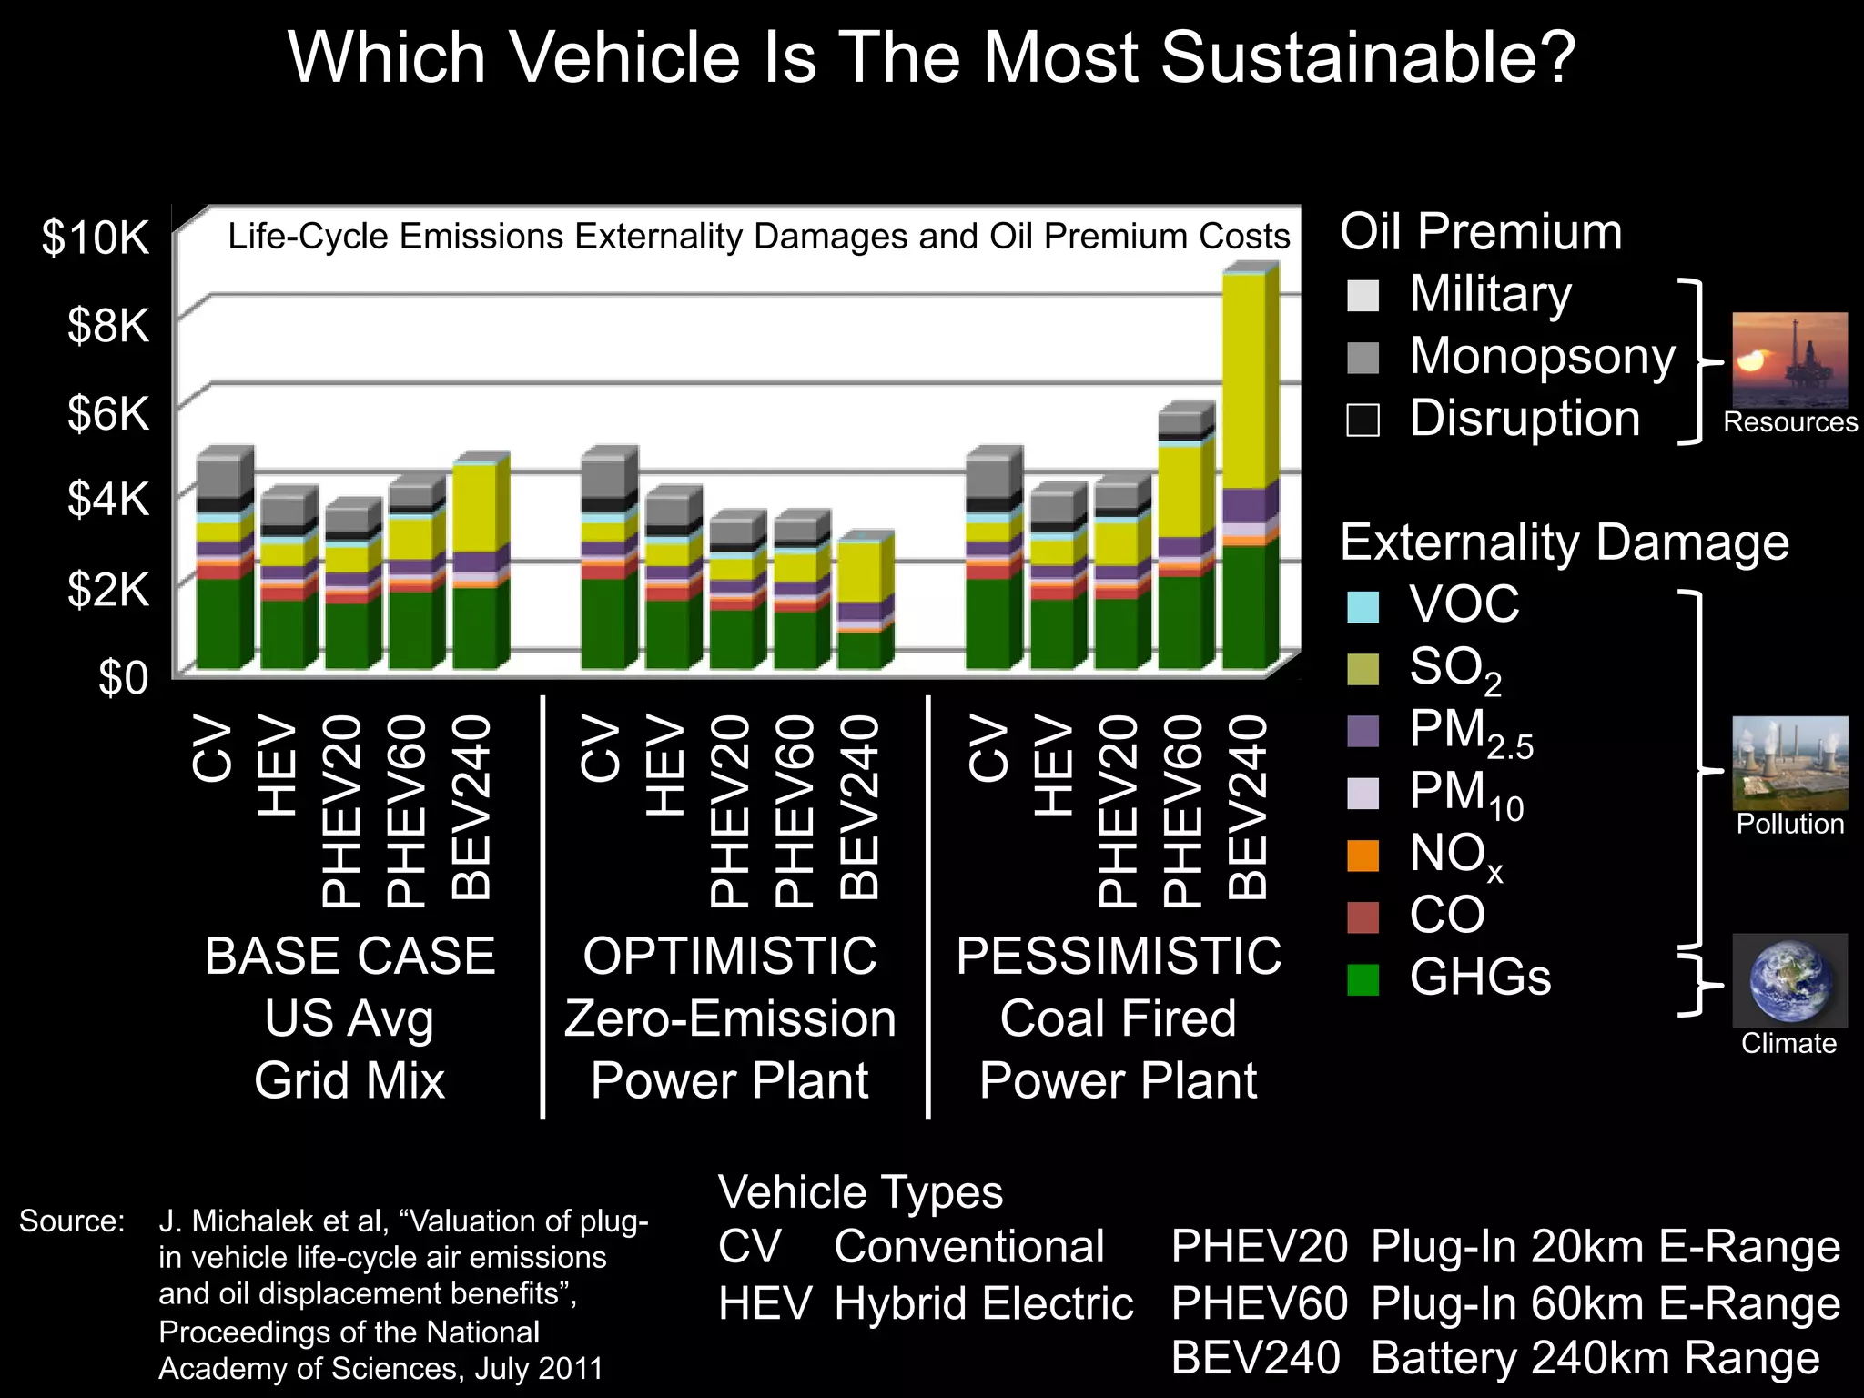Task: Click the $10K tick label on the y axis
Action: click(x=95, y=238)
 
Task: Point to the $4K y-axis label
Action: click(x=107, y=500)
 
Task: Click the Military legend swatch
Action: click(x=1363, y=296)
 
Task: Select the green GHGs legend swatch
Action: click(x=1363, y=979)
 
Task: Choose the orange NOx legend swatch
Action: click(x=1363, y=856)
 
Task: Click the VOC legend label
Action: click(x=1464, y=604)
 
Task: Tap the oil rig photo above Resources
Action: click(x=1789, y=360)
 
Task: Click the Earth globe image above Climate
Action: click(x=1789, y=980)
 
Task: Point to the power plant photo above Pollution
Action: click(x=1789, y=763)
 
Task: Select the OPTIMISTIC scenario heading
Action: click(x=730, y=957)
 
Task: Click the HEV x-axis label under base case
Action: click(x=278, y=766)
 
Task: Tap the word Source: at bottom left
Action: click(x=71, y=1221)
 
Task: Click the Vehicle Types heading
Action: click(x=860, y=1192)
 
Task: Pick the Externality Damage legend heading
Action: click(x=1564, y=543)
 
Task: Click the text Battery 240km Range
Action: click(x=1595, y=1358)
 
